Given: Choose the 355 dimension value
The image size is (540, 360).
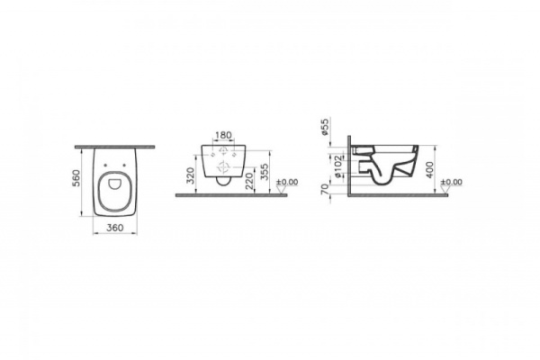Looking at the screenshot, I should coord(264,173).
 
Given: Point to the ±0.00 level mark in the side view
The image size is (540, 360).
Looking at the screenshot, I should coord(452,182).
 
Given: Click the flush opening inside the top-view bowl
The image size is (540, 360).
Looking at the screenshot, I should coord(114,191).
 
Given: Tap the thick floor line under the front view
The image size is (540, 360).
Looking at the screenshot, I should coord(230,194).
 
